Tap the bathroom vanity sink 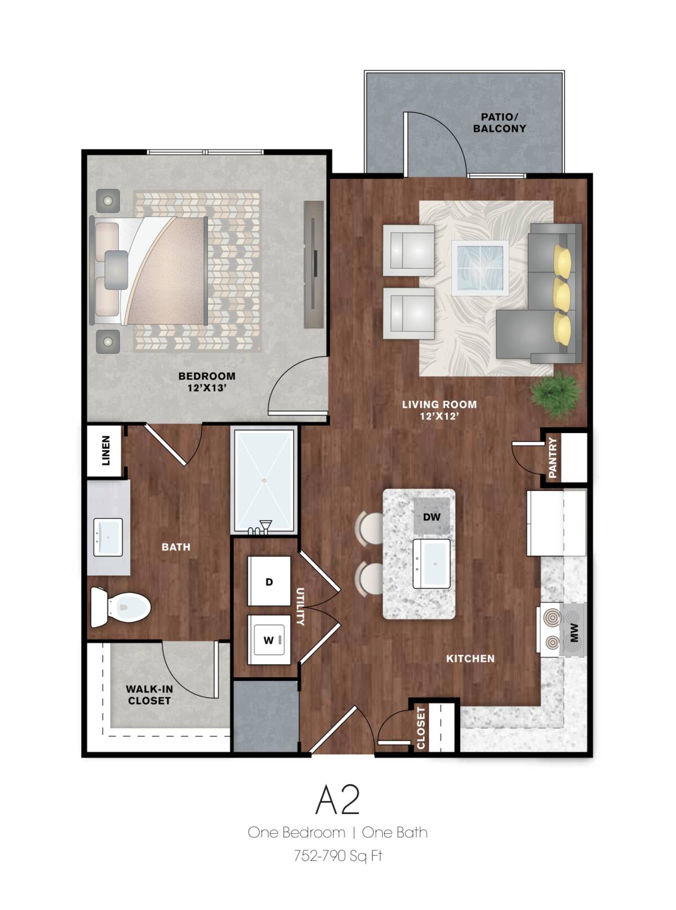pos(108,537)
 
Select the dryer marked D pos(269,581)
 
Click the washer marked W pos(269,640)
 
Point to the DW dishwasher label pos(432,517)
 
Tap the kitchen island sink pos(432,563)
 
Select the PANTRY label pos(553,457)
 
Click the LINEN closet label pos(106,450)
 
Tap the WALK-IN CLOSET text pos(149,695)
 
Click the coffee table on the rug pos(479,267)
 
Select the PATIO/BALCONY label pos(499,123)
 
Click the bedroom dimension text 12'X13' pos(207,388)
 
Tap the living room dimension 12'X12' pos(439,416)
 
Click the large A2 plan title pos(337,799)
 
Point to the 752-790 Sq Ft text pos(337,856)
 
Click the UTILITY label pos(300,606)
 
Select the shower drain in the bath pos(264,480)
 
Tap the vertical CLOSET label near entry pos(421,727)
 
